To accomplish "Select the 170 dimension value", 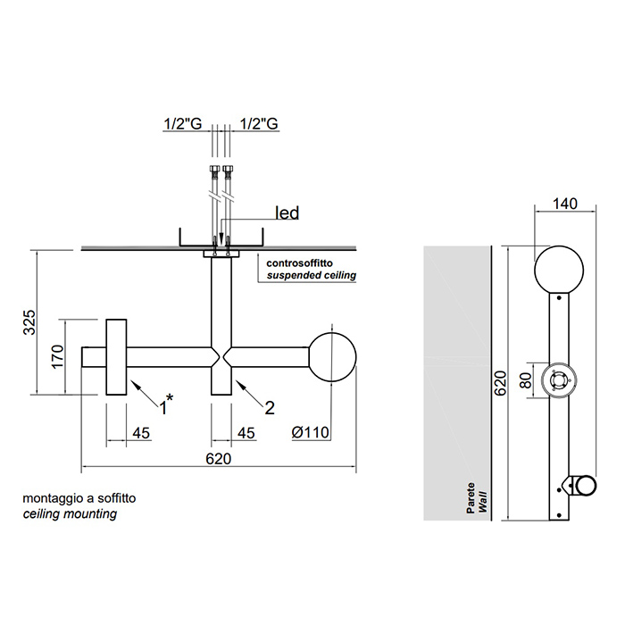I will pyautogui.click(x=58, y=356).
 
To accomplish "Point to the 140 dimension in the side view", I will pyautogui.click(x=564, y=204).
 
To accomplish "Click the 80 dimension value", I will pyautogui.click(x=526, y=379).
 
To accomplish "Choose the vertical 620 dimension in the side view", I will pyautogui.click(x=501, y=382).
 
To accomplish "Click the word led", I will pyautogui.click(x=287, y=212).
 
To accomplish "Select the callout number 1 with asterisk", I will pyautogui.click(x=166, y=407).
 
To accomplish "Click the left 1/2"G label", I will pyautogui.click(x=181, y=124).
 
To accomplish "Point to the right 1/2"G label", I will pyautogui.click(x=258, y=124).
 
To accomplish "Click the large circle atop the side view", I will pyautogui.click(x=559, y=270).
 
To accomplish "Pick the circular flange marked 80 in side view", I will pyautogui.click(x=559, y=381).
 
